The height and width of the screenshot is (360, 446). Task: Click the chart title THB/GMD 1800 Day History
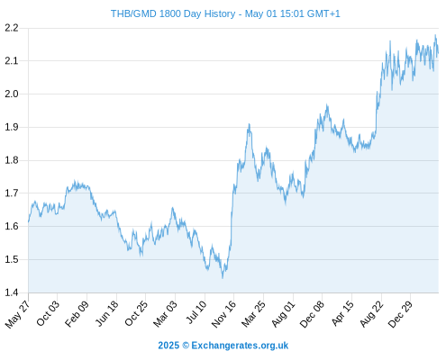(x=173, y=13)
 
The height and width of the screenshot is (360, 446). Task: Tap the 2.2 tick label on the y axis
(x=12, y=28)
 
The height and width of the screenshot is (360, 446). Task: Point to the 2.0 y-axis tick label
(x=12, y=94)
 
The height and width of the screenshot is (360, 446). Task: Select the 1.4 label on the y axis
(x=12, y=292)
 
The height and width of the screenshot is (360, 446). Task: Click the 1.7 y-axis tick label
(x=12, y=193)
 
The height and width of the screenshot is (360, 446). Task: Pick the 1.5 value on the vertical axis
(x=12, y=259)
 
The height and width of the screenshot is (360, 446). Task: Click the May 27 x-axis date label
(x=17, y=314)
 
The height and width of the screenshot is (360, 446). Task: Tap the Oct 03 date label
(x=48, y=313)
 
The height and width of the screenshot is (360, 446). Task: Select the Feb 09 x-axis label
(x=77, y=313)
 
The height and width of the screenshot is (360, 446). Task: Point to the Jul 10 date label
(x=196, y=312)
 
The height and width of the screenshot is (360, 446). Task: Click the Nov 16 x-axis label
(x=223, y=314)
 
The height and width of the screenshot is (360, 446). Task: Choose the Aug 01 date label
(x=283, y=314)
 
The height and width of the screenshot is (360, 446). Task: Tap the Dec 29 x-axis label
(x=400, y=314)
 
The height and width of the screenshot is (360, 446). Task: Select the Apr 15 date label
(x=342, y=313)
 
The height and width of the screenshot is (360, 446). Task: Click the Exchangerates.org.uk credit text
(x=240, y=346)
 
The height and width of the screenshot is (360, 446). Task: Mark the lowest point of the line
(x=223, y=278)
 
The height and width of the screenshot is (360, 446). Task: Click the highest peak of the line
(x=435, y=35)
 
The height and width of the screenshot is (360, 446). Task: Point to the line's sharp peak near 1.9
(x=249, y=124)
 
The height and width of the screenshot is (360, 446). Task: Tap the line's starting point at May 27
(x=29, y=222)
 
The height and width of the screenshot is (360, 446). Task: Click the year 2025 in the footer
(x=168, y=346)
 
